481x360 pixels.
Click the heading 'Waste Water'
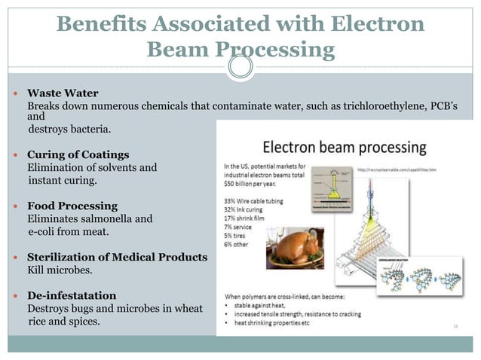pos(63,93)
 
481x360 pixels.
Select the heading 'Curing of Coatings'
pos(73,154)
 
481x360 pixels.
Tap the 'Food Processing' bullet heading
pos(72,206)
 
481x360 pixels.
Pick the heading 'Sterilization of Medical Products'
pos(117,257)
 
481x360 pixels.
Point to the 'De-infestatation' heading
pos(72,294)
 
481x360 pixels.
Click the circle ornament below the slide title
pos(240,67)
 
